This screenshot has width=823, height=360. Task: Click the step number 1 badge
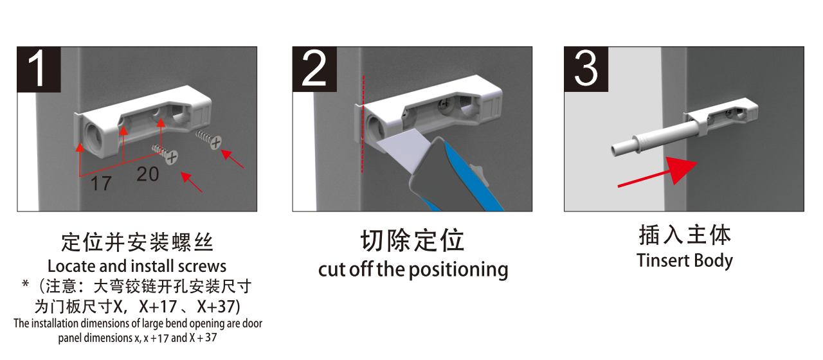(x=39, y=69)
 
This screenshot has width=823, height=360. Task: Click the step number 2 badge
(x=314, y=69)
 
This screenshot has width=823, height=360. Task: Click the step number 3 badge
(x=586, y=69)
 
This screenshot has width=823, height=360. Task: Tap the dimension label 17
(x=101, y=183)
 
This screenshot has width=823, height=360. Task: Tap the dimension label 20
(x=148, y=174)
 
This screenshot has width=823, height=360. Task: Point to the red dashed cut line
(x=363, y=124)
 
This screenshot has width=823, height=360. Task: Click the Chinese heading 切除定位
(x=412, y=241)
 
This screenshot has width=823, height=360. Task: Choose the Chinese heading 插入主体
(x=685, y=235)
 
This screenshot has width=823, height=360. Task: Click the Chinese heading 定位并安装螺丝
(x=137, y=242)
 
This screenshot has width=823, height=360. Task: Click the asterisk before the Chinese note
(x=25, y=283)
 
